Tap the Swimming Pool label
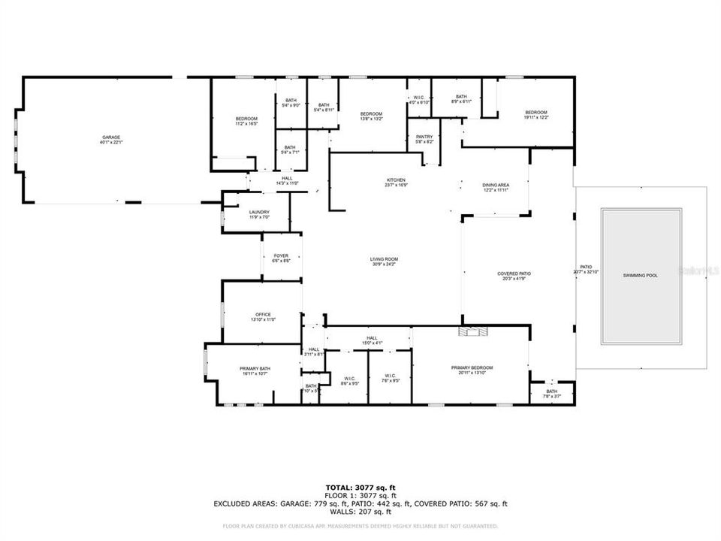[641, 276]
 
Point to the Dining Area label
[496, 188]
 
